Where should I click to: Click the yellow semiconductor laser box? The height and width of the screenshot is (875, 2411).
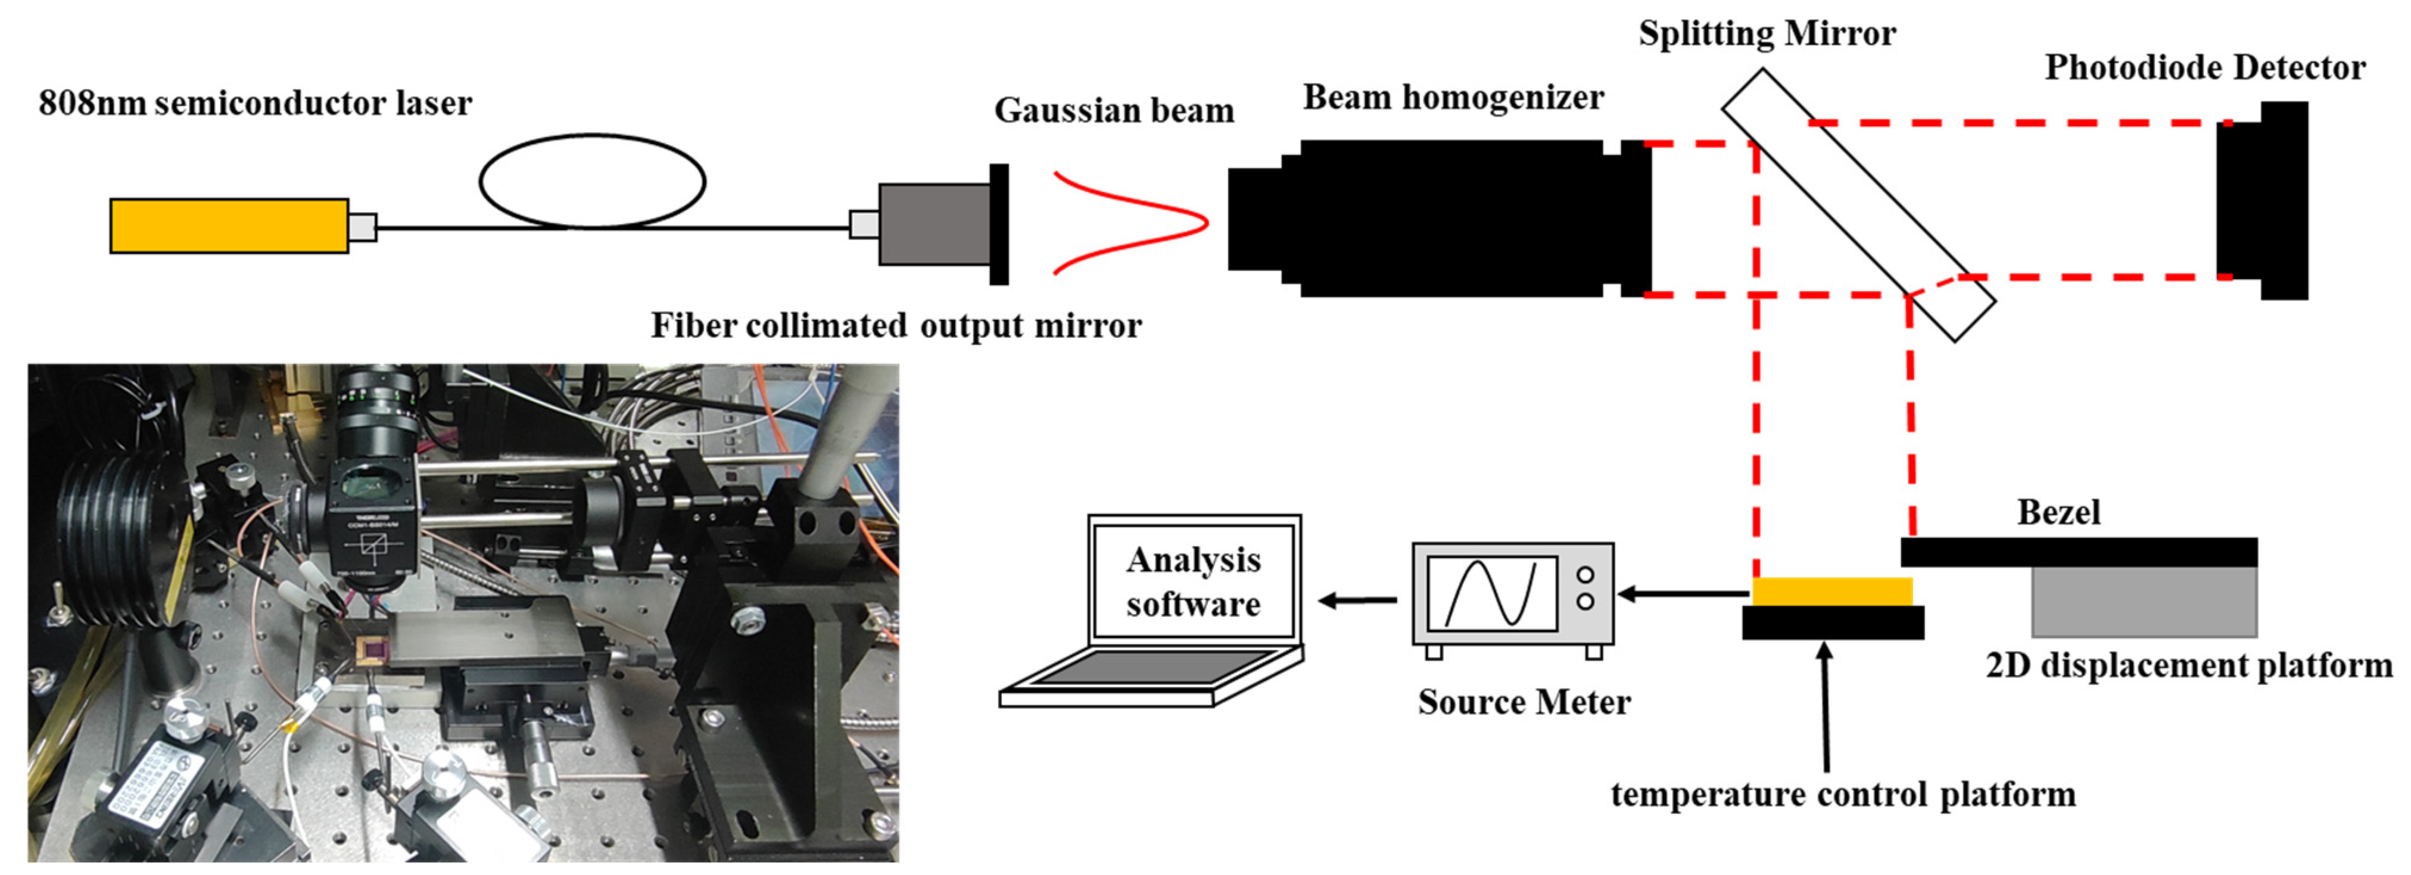pyautogui.click(x=229, y=226)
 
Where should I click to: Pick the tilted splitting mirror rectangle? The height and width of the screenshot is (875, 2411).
pyautogui.click(x=1858, y=204)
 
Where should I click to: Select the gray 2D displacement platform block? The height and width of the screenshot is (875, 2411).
pyautogui.click(x=2144, y=601)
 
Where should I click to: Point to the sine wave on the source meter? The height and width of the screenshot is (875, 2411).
pyautogui.click(x=1491, y=593)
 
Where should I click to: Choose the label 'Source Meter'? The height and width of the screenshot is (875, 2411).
pyautogui.click(x=1524, y=702)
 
